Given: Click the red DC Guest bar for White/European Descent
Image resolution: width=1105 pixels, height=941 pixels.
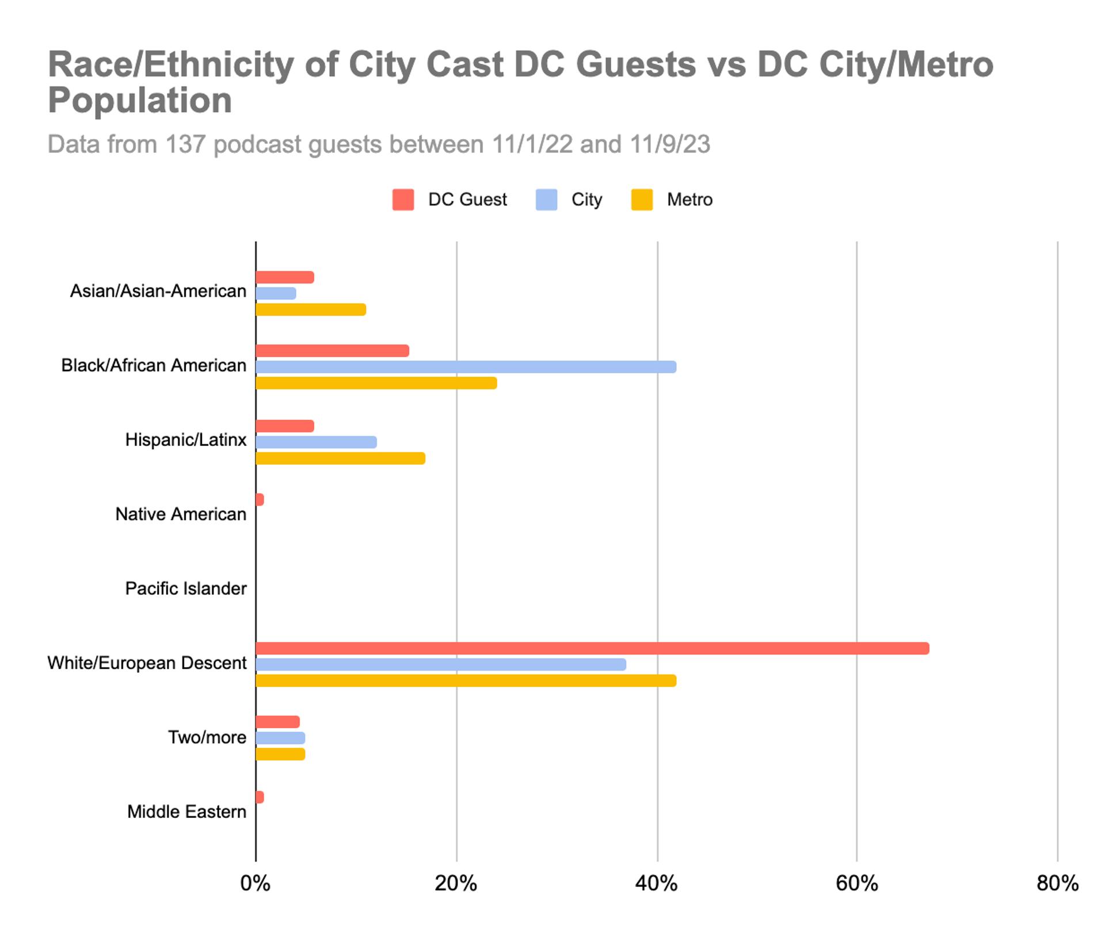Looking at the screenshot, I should pos(592,648).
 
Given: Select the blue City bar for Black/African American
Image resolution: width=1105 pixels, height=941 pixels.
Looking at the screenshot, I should pos(466,367).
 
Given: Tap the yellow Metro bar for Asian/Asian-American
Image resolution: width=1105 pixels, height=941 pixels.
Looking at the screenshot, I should pos(311,309).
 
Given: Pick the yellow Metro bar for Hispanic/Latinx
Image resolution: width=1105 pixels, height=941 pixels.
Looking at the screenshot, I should pos(340,458).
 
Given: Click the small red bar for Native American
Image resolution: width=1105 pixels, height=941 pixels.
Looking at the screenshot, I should pos(260,499).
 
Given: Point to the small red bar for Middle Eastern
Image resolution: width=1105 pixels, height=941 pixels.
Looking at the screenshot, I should pos(260,797).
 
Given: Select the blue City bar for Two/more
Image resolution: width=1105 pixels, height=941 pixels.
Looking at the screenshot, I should pos(280,738).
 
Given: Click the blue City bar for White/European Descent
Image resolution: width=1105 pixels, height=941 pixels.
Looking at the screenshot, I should pos(440,664).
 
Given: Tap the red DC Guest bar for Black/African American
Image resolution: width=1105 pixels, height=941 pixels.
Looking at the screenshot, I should pos(332,351).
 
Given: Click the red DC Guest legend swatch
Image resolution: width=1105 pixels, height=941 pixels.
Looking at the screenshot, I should pos(403,200).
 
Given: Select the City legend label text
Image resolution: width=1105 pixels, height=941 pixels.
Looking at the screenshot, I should pos(586,200).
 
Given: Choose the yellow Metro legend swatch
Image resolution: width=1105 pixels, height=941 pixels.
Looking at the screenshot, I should pos(642,200).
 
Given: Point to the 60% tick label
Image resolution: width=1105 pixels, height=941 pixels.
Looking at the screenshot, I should pos(856,883).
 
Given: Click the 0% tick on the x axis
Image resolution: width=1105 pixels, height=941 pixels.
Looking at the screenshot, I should pos(255,883).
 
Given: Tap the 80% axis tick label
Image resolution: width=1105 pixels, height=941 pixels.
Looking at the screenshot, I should pos(1057,883).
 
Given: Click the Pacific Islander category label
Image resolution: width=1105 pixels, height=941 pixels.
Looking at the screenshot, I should pos(185,588).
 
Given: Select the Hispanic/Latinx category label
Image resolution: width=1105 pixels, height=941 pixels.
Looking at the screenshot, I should pos(185,440).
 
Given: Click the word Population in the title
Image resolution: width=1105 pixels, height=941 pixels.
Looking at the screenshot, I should pos(140,101).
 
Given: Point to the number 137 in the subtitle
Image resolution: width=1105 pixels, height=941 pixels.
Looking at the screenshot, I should pos(185,144).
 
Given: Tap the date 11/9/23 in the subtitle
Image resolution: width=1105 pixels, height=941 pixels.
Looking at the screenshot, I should pos(669,144).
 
